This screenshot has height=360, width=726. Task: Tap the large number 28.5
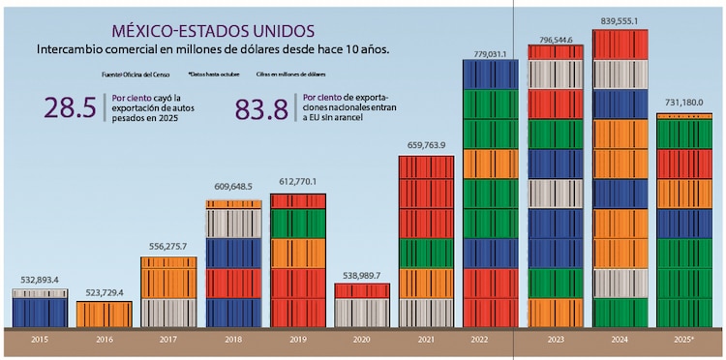pos(70,108)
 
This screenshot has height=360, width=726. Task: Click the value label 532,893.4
pos(40,281)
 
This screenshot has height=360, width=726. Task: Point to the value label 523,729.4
pos(104,293)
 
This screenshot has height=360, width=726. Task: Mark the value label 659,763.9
pos(427,146)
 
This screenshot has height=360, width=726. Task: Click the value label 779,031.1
pos(491,53)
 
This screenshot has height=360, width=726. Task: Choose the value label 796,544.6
pos(556,39)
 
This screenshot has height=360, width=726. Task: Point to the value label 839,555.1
pos(620,21)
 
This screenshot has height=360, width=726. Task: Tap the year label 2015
pos(40,342)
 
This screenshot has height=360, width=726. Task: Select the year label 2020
pos(362,342)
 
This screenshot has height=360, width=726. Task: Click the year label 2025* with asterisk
pos(684,342)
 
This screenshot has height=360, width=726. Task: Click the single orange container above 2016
pos(104,314)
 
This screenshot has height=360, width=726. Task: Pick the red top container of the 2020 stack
pos(362,290)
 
